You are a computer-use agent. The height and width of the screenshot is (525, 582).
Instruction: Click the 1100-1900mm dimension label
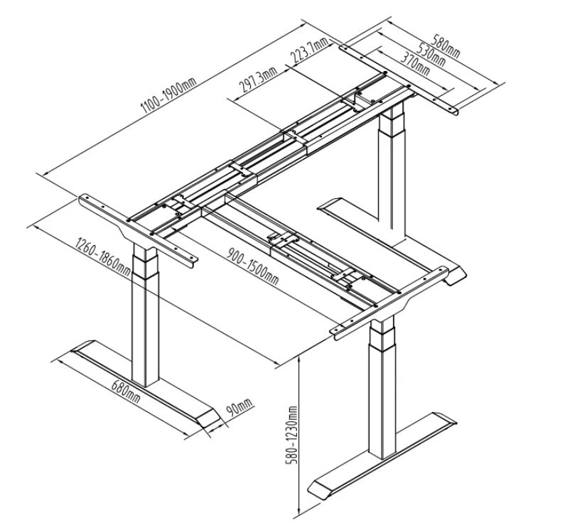pos(169,95)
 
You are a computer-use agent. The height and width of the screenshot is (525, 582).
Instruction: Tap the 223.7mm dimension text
pos(310,50)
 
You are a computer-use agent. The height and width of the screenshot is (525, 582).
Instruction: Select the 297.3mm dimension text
pos(258,80)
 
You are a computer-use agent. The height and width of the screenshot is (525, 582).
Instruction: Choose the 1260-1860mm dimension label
pos(103,256)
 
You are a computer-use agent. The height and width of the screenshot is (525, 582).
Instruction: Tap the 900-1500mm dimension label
pos(252,266)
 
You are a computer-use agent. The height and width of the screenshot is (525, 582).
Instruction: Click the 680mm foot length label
pos(126,391)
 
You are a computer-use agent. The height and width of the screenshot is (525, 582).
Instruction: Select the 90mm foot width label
pos(239,407)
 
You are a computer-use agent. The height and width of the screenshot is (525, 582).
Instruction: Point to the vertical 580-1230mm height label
pos(291,435)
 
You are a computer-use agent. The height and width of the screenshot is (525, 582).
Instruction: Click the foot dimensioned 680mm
pos(145,383)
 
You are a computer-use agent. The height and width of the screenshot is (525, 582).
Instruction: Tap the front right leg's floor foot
pos(382,455)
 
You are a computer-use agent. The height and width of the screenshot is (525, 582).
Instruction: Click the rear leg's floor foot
pos(392,241)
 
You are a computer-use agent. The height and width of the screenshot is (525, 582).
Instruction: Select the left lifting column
pos(146,315)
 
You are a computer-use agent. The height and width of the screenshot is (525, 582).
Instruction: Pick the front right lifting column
pos(382,388)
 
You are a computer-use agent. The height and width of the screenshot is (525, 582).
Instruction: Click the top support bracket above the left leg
pos(138,230)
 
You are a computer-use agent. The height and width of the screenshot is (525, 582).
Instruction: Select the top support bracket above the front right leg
pos(389,303)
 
